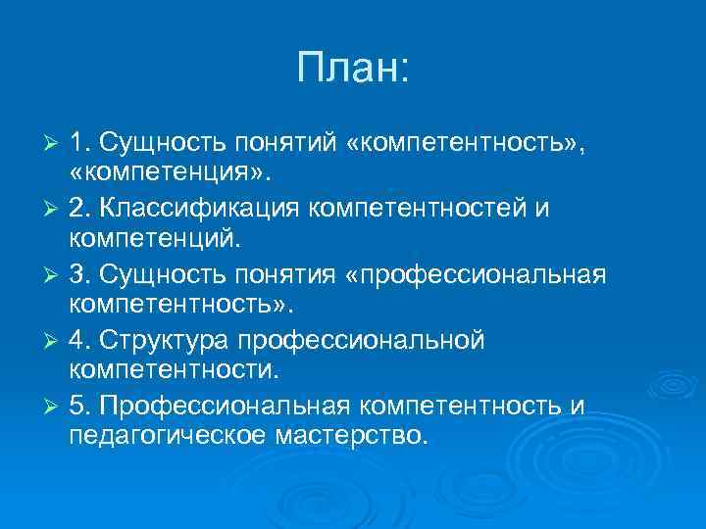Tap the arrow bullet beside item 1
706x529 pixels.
point(55,145)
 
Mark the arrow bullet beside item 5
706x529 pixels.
point(55,406)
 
